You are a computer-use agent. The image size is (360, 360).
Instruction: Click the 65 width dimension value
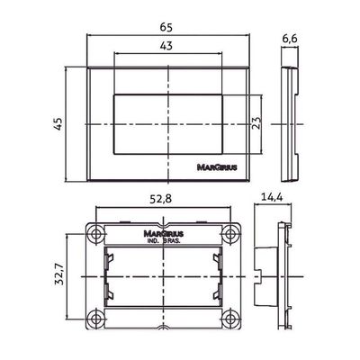(x=166, y=27)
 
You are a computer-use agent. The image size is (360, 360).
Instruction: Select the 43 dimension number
(x=166, y=46)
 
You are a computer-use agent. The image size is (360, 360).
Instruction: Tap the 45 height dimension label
(x=58, y=123)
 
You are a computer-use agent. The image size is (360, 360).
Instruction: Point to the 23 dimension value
(x=256, y=122)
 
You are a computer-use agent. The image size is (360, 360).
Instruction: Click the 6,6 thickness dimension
(x=290, y=39)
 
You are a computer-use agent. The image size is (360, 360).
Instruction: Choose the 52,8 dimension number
(x=161, y=199)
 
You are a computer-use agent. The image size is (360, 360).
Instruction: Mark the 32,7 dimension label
(x=58, y=274)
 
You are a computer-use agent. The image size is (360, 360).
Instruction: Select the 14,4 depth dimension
(x=273, y=197)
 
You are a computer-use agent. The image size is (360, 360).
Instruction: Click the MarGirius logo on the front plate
(x=217, y=167)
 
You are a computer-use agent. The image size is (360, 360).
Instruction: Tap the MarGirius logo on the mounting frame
(x=164, y=233)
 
